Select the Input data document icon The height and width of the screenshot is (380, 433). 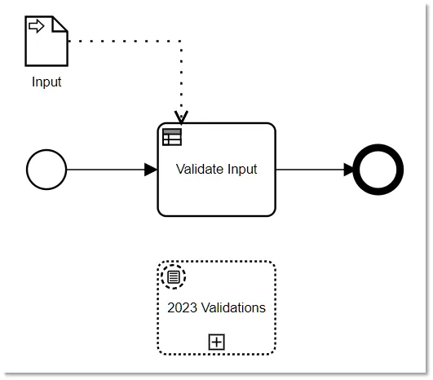pyautogui.click(x=46, y=41)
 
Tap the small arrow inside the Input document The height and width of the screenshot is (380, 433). pyautogui.click(x=36, y=26)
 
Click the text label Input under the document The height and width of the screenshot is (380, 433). pyautogui.click(x=46, y=82)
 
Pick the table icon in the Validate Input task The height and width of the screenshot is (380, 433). pyautogui.click(x=172, y=137)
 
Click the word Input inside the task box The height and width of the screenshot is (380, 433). pyautogui.click(x=242, y=170)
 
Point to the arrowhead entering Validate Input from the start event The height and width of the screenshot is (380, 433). pyautogui.click(x=151, y=170)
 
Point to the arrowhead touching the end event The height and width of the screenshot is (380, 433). pyautogui.click(x=349, y=170)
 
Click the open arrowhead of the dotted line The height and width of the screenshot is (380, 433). pyautogui.click(x=181, y=117)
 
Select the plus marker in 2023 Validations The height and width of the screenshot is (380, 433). pyautogui.click(x=217, y=342)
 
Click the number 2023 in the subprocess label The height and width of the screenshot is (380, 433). pyautogui.click(x=183, y=307)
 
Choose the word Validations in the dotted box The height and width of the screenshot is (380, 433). pyautogui.click(x=233, y=307)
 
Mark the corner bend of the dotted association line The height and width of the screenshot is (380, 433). pyautogui.click(x=181, y=41)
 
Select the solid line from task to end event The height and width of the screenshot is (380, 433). pyautogui.click(x=315, y=170)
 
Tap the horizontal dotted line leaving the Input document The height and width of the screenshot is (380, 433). pyautogui.click(x=125, y=41)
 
